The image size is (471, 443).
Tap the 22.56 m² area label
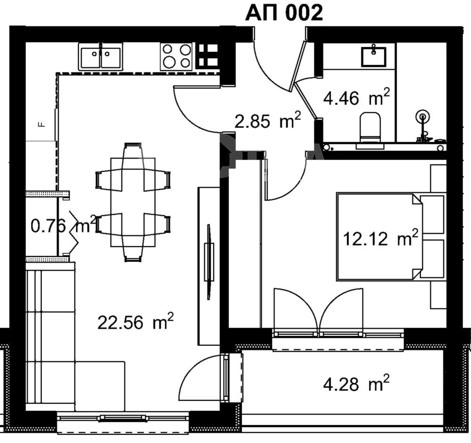(136, 322)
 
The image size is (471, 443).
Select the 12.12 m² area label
(380, 238)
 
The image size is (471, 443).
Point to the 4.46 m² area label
(356, 97)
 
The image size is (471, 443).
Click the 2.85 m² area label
(268, 120)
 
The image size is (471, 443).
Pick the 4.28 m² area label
(356, 383)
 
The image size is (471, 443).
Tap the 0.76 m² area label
(64, 225)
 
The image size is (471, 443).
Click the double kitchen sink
(101, 56)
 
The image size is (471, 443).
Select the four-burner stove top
(176, 56)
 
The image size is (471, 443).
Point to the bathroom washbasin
(374, 56)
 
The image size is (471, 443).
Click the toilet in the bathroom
(370, 128)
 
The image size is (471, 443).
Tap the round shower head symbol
(422, 117)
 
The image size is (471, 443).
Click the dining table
(133, 202)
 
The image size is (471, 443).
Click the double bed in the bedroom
(390, 236)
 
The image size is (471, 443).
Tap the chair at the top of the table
(133, 157)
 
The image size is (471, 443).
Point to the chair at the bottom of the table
(133, 248)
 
